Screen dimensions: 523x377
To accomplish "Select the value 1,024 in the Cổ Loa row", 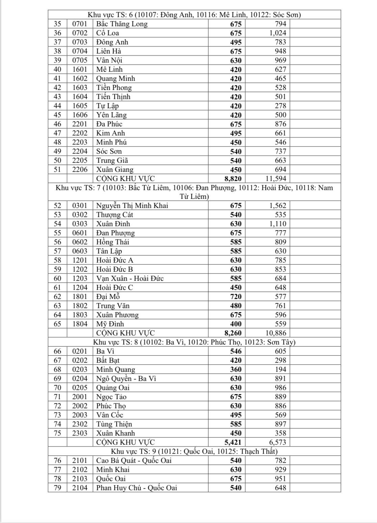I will coord(277,33).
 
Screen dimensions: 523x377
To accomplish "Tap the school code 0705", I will coord(80,60).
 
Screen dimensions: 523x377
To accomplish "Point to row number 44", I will coord(57,106).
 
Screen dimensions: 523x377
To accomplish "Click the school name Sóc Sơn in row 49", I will coord(109,151).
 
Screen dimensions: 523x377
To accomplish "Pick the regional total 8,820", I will coord(233,179).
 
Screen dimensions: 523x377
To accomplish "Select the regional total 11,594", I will coord(275,179).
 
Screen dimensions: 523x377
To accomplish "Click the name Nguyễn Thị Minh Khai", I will coord(132,206).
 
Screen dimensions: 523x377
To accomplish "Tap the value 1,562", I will coord(277,206).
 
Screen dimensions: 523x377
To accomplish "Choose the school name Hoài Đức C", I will coord(114,288).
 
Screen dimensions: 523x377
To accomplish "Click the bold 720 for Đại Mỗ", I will coord(236,297).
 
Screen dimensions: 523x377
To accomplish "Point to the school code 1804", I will coord(80,324).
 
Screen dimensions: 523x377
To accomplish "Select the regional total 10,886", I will coord(275,333).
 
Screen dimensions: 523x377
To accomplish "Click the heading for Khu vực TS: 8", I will coord(194,342).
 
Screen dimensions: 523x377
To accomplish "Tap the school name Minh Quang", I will coord(115,370).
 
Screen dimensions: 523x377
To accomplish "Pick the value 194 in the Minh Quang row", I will coord(280,370).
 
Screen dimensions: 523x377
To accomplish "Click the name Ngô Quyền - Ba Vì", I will coord(126,379).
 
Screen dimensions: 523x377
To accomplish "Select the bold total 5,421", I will coord(233,442).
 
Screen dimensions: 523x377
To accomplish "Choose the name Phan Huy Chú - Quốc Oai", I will coord(136,488).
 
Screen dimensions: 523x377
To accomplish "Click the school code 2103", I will coord(80,479).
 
